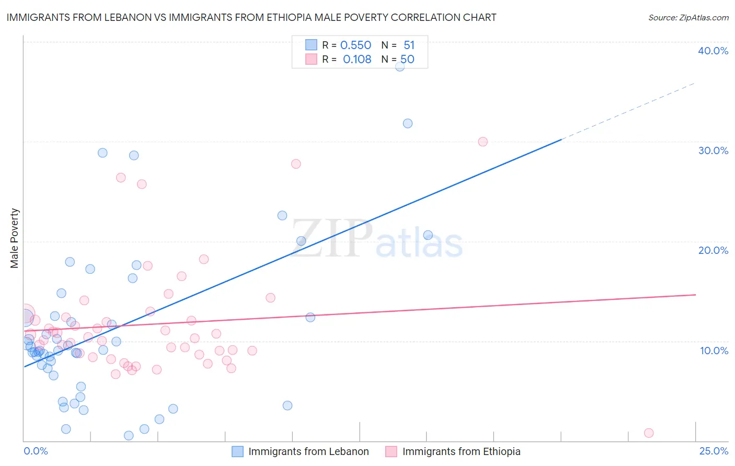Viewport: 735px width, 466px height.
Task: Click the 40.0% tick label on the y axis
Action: pyautogui.click(x=713, y=51)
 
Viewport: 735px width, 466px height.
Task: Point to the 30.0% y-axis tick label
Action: pyautogui.click(x=713, y=150)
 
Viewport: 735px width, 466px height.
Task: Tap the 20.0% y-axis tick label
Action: pyautogui.click(x=713, y=250)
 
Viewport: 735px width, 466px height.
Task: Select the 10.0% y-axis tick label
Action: pyautogui.click(x=714, y=351)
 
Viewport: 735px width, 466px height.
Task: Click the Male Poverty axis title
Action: pyautogui.click(x=15, y=238)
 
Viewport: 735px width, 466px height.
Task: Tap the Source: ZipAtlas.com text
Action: pyautogui.click(x=688, y=18)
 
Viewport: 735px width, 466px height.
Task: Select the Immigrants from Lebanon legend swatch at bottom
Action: pyautogui.click(x=238, y=452)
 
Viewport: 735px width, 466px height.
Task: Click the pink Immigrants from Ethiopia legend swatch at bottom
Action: pyautogui.click(x=391, y=452)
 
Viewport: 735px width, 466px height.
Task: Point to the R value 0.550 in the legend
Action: pyautogui.click(x=355, y=45)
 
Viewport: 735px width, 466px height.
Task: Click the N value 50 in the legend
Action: pyautogui.click(x=407, y=60)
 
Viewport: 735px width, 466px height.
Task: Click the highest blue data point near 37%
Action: pyautogui.click(x=400, y=66)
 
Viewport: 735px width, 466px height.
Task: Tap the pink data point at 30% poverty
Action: pyautogui.click(x=483, y=142)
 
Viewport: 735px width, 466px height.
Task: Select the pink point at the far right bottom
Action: pyautogui.click(x=649, y=433)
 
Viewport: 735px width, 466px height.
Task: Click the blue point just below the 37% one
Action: pyautogui.click(x=408, y=123)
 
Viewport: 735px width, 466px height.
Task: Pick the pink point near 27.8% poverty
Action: pyautogui.click(x=296, y=164)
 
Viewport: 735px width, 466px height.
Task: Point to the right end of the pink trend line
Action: pyautogui.click(x=695, y=295)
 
